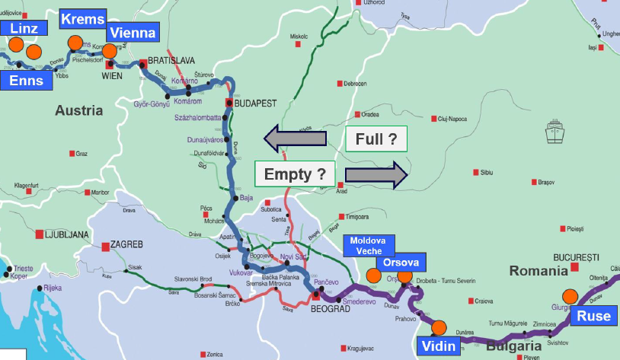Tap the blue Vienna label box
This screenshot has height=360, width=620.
click(x=132, y=33)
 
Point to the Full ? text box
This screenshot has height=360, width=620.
click(x=376, y=139)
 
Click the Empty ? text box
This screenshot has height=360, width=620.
click(x=295, y=174)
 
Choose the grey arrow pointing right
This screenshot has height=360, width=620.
click(x=376, y=174)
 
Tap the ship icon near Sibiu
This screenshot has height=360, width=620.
click(x=554, y=134)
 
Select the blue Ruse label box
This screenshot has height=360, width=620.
click(x=593, y=317)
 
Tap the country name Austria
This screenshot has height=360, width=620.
click(x=78, y=110)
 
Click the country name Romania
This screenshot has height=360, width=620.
click(x=538, y=270)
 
